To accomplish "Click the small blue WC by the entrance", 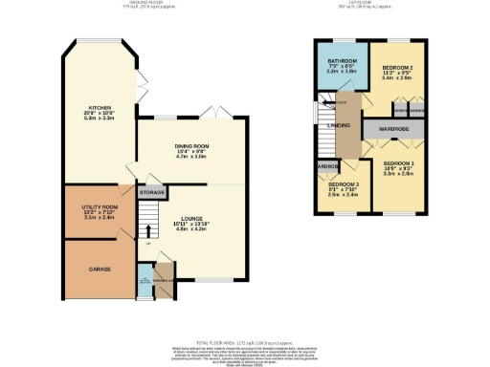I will pos(144,283).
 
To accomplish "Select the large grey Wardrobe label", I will pos(394,129).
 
